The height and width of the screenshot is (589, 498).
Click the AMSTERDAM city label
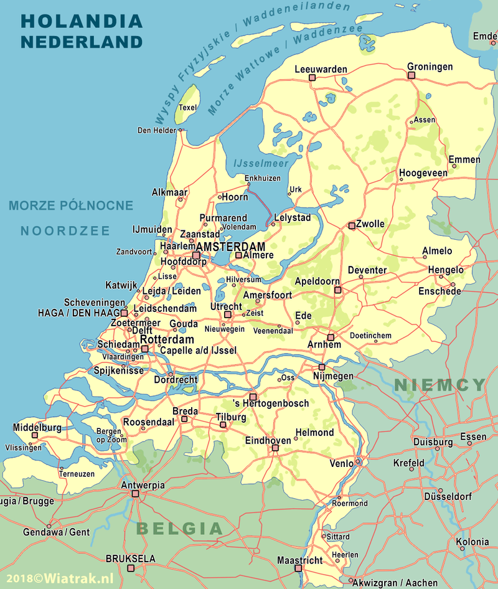[230, 247]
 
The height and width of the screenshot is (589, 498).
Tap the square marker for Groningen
[411, 75]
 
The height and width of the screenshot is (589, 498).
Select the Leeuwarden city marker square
[312, 78]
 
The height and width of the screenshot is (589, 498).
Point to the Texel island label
[187, 108]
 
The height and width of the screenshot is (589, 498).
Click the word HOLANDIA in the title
[82, 21]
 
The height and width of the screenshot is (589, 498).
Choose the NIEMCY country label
[439, 385]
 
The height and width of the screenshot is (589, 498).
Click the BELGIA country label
[179, 529]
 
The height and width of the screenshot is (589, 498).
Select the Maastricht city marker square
[298, 568]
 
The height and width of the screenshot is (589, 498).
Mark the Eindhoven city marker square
[275, 448]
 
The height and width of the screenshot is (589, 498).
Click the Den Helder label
[157, 131]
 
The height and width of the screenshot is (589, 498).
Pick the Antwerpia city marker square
[135, 494]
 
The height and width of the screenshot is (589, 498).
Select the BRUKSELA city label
[130, 559]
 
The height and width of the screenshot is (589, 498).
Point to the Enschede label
[439, 291]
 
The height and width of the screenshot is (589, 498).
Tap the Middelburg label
[37, 428]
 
